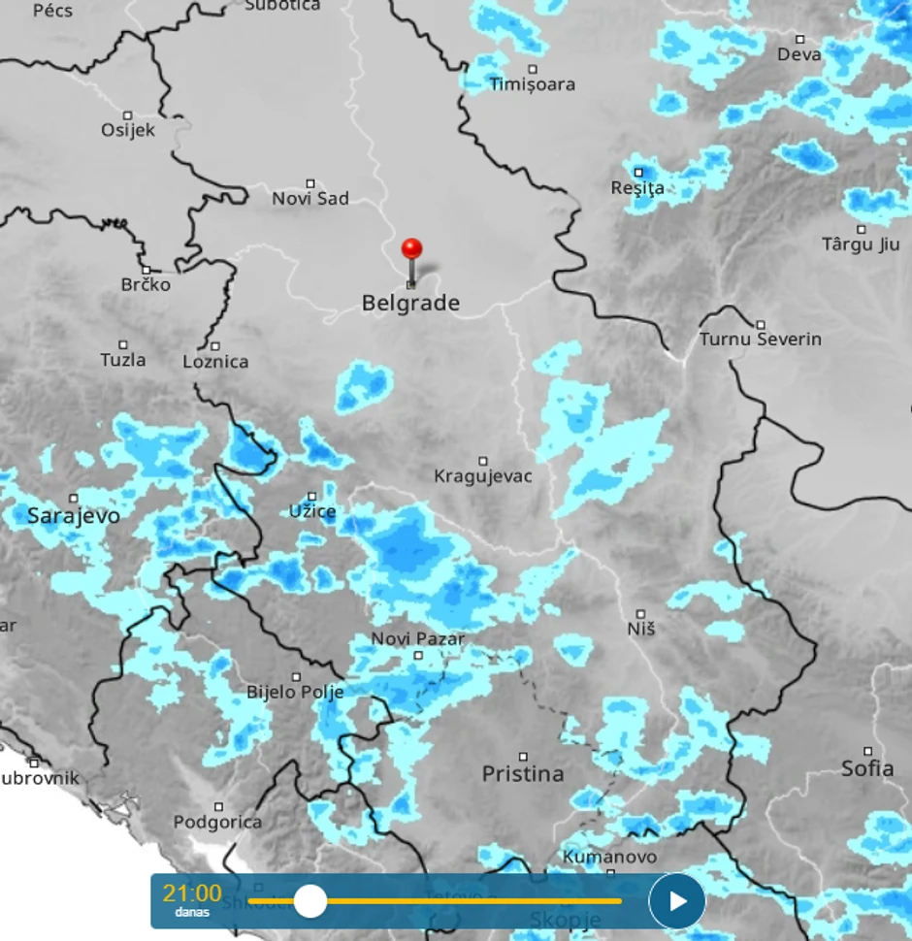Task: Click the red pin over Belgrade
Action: [x=412, y=250]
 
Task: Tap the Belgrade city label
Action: [x=410, y=304]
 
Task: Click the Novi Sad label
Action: [x=310, y=199]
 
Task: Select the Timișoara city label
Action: [x=532, y=84]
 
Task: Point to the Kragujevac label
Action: [x=483, y=476]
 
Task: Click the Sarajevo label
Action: [x=74, y=515]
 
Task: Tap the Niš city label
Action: [x=641, y=629]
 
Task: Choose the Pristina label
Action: [x=523, y=773]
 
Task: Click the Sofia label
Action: [x=867, y=768]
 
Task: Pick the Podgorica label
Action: [x=218, y=822]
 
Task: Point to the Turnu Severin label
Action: [x=761, y=340]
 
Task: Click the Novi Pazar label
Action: [x=418, y=639]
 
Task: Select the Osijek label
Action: [x=128, y=130]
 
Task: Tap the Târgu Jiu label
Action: [x=861, y=244]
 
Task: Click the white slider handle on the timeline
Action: [x=310, y=900]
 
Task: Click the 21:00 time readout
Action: [x=192, y=893]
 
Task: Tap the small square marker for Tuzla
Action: [x=123, y=344]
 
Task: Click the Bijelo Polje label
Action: [x=295, y=693]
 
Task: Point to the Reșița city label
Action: [x=637, y=188]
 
